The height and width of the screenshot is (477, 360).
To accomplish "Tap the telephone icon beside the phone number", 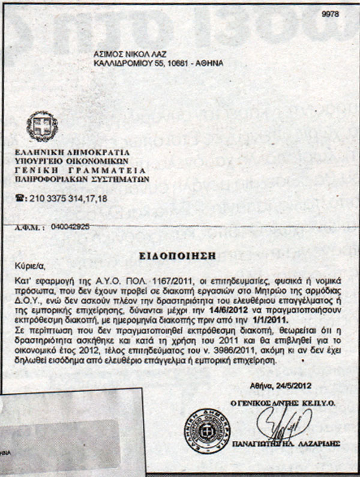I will pos(21,197).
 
